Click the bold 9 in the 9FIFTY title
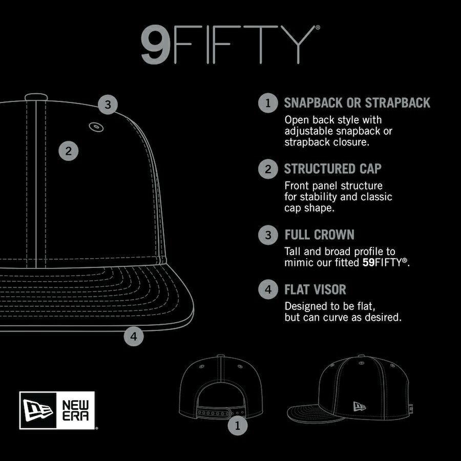(155, 45)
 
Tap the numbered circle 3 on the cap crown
(108, 104)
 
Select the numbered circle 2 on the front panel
(69, 151)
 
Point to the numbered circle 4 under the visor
(134, 336)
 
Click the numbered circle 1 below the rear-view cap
(238, 425)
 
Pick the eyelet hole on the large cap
(96, 127)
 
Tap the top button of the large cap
(36, 97)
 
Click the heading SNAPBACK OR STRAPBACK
(357, 102)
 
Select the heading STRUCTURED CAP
(333, 169)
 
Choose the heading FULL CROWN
(319, 235)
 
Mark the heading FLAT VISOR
(315, 289)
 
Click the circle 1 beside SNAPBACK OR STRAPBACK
(268, 103)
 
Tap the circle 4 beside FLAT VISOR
(268, 289)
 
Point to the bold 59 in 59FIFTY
(368, 262)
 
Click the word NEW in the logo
(75, 405)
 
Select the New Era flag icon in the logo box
(37, 410)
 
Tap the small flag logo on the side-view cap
(359, 406)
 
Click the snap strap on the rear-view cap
(220, 412)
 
